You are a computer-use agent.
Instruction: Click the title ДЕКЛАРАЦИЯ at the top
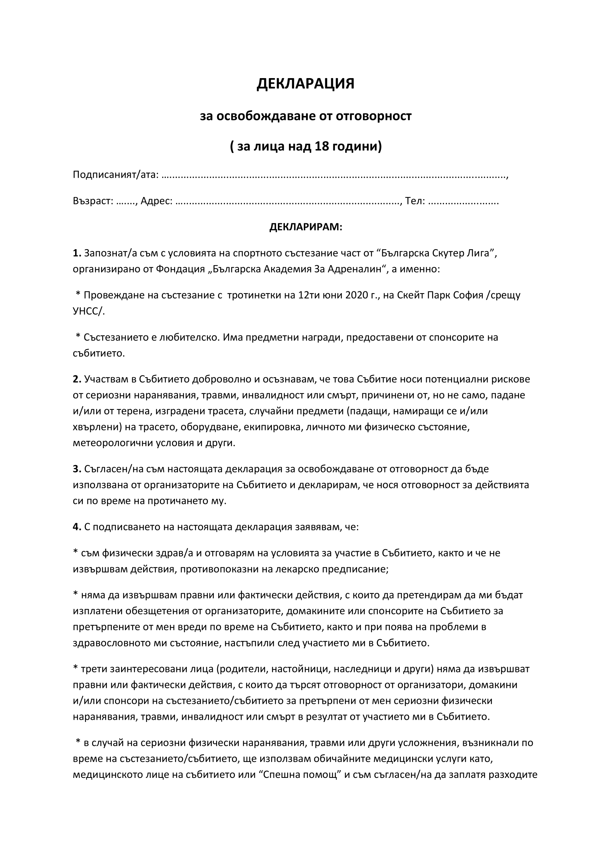305,84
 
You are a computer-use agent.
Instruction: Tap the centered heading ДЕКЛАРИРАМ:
306,227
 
